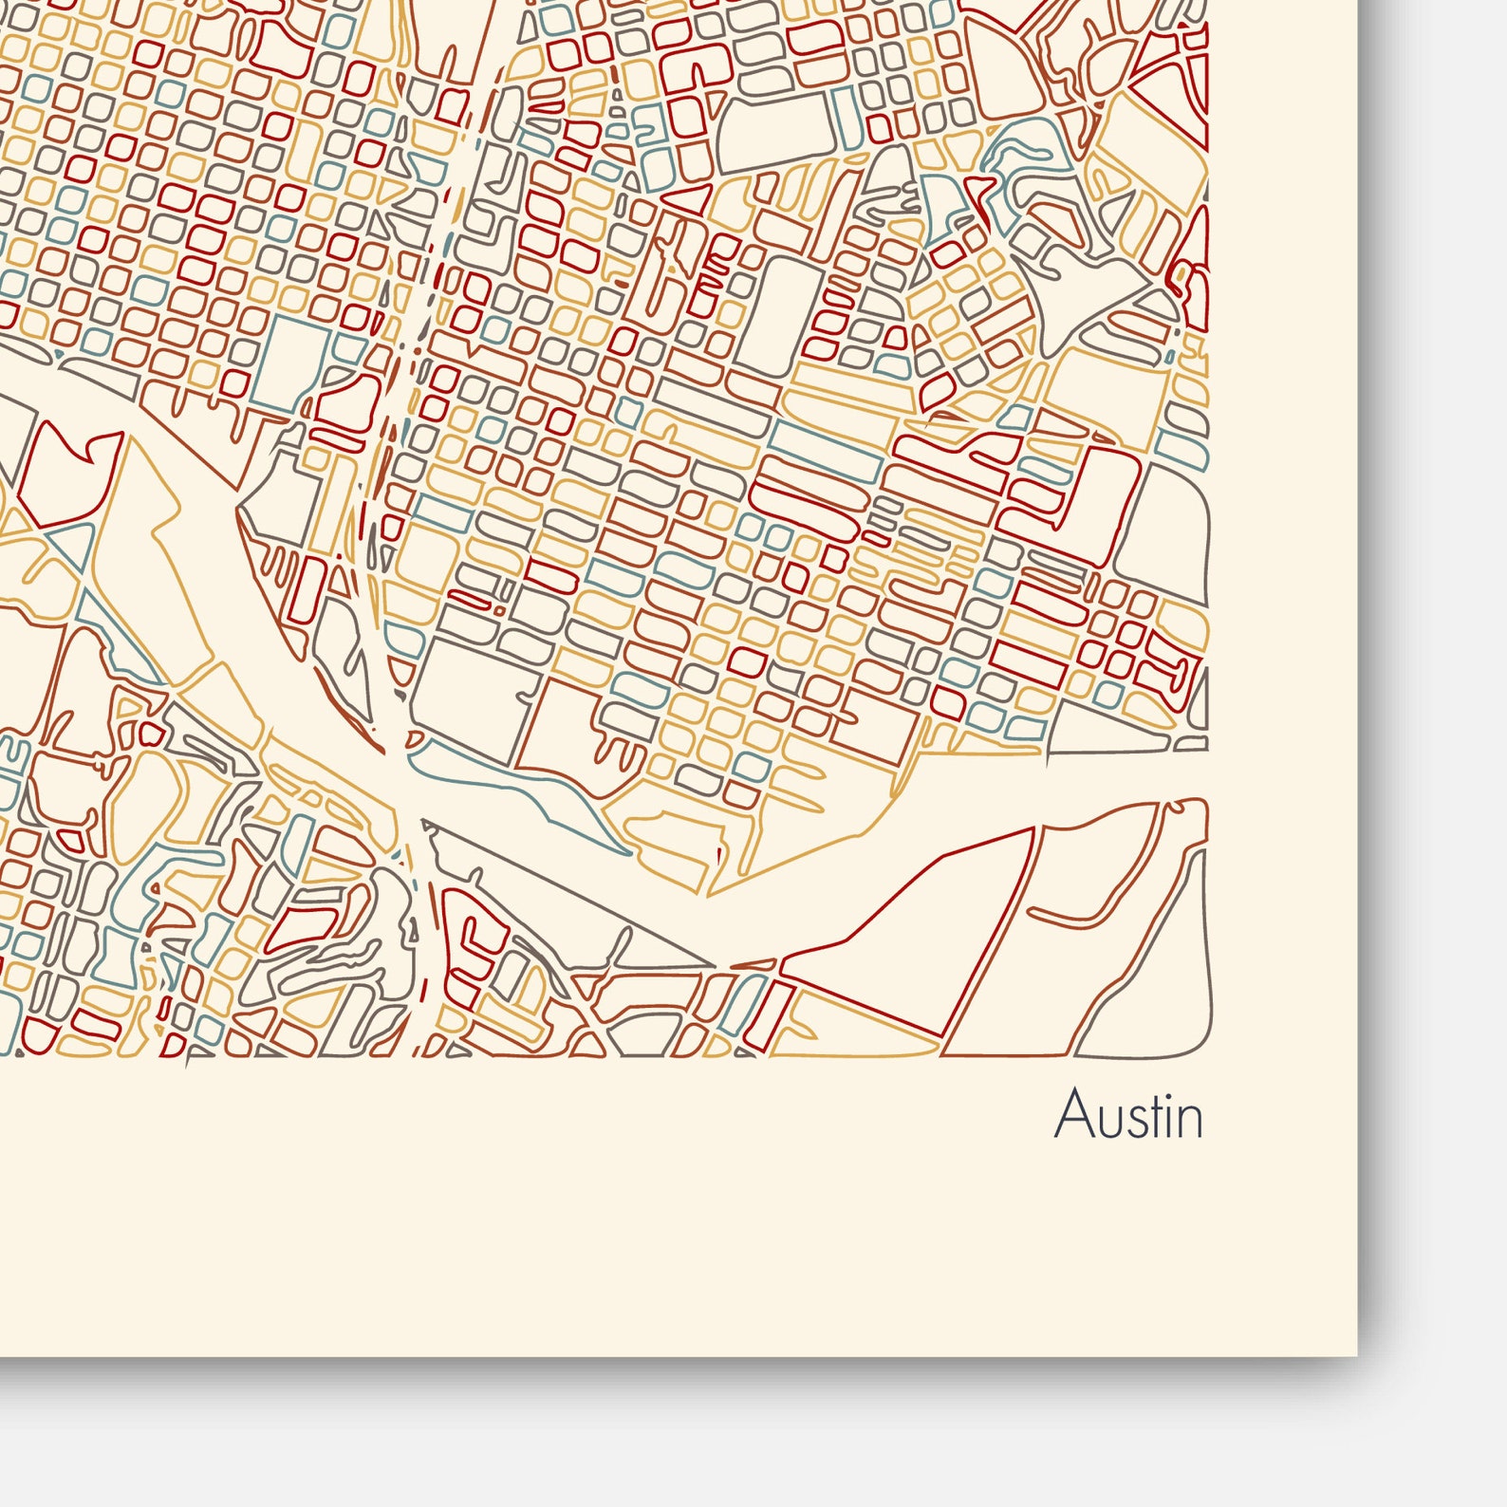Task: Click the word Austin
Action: pyautogui.click(x=1128, y=1115)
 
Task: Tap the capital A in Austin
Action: pyautogui.click(x=1070, y=1115)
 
